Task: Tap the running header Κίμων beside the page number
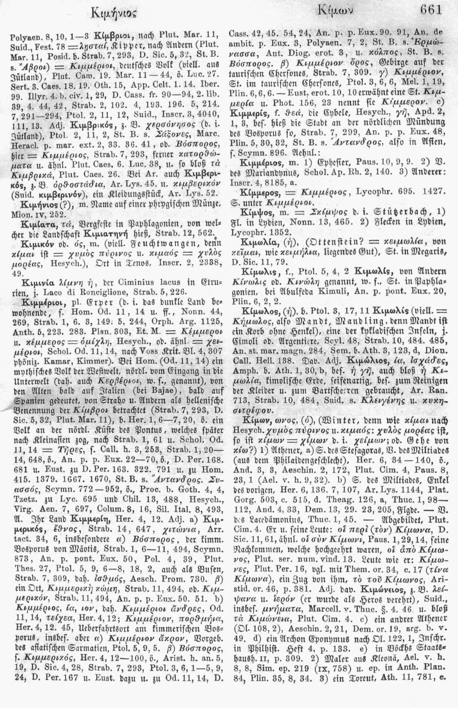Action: (x=327, y=10)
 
